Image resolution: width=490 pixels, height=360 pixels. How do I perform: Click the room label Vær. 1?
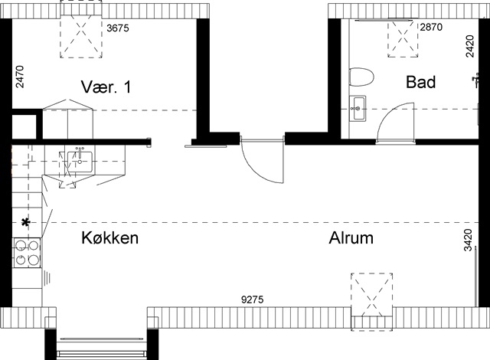click(x=106, y=87)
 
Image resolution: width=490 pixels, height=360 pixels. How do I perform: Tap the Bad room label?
click(x=420, y=82)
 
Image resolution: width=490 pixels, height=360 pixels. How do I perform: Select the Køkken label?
click(x=109, y=237)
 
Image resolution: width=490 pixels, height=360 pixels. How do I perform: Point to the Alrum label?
click(x=351, y=238)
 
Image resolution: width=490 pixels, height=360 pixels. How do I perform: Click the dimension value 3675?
click(x=118, y=28)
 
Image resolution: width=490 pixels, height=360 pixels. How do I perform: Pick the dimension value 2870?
click(x=431, y=27)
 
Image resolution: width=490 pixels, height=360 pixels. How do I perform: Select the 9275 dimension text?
click(x=253, y=299)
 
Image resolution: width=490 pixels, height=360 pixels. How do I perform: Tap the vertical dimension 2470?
click(x=20, y=77)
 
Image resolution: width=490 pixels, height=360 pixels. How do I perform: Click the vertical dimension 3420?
click(x=468, y=240)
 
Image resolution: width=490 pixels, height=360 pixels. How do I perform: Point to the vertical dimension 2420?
click(x=469, y=46)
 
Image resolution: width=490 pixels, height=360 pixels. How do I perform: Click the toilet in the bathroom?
click(x=361, y=77)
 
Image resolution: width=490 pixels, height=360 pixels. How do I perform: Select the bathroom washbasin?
click(x=358, y=109)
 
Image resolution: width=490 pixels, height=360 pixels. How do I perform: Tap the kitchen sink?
click(x=80, y=162)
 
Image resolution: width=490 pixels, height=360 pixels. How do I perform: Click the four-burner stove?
click(x=27, y=253)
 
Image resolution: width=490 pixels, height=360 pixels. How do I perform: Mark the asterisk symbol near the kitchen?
click(x=25, y=222)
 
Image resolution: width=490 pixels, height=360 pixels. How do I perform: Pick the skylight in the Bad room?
click(x=403, y=38)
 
